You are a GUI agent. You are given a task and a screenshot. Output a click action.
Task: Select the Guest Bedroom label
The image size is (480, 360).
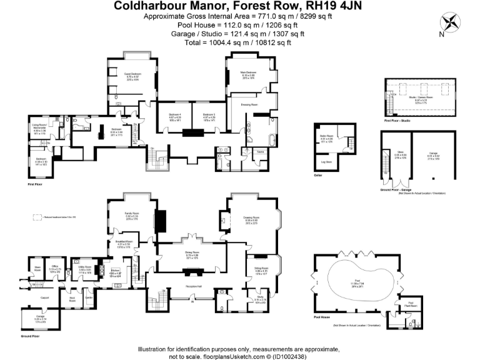(132, 74)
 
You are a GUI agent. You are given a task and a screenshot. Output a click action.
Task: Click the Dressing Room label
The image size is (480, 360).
(250, 104)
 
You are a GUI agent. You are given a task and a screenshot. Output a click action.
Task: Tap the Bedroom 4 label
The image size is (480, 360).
(175, 115)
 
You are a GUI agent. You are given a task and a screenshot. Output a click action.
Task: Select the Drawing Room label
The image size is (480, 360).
(251, 217)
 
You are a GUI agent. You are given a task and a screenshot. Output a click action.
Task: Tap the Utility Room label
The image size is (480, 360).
(85, 267)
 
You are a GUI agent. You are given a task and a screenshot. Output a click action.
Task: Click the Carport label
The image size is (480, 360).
(44, 297)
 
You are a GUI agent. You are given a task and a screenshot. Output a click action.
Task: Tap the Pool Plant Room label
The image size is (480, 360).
(411, 302)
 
